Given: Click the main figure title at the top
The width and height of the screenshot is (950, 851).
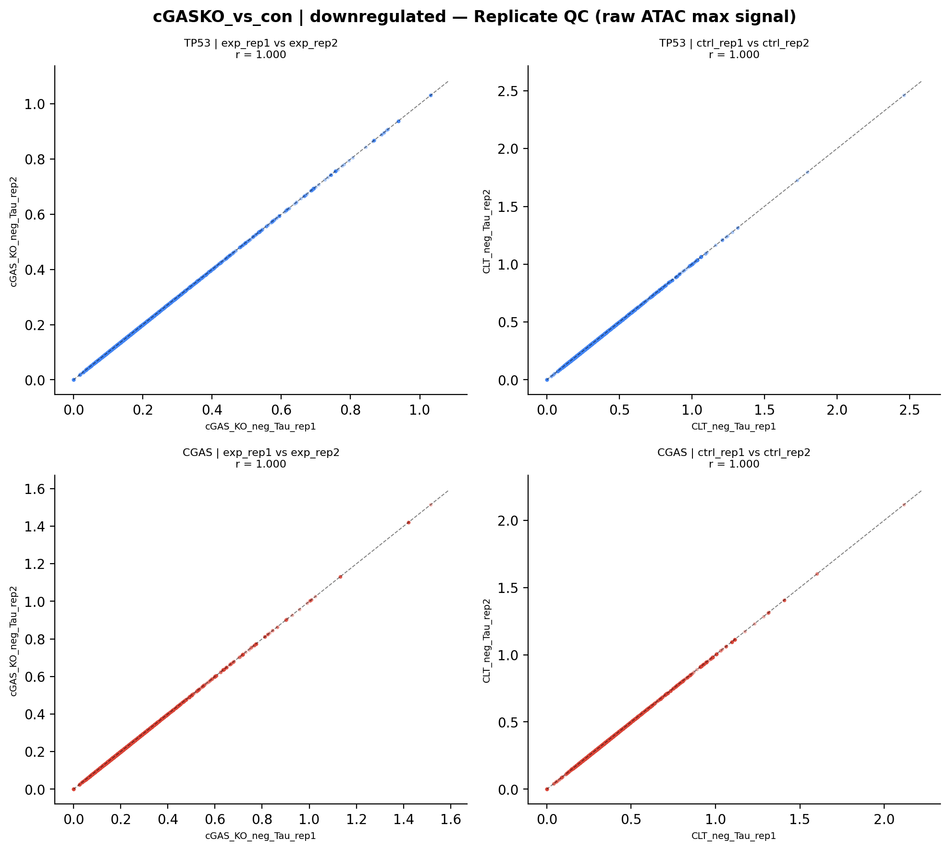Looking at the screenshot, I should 474,17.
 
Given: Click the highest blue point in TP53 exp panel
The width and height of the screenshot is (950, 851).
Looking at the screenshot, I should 431,95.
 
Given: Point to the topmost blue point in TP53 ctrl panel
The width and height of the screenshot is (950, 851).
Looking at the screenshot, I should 904,95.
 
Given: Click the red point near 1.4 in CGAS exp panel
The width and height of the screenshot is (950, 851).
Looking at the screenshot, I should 408,522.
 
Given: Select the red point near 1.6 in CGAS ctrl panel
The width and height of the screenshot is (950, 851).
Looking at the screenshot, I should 817,574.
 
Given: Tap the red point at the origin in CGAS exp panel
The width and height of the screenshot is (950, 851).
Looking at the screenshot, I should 74,789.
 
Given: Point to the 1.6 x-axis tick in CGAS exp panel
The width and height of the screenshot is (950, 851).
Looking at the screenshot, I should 450,819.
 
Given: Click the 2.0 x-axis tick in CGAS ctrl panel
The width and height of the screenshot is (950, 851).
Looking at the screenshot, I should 884,819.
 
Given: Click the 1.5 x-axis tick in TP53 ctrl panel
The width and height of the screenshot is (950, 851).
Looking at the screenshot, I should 764,410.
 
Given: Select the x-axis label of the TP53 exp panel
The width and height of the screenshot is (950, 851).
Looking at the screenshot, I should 260,427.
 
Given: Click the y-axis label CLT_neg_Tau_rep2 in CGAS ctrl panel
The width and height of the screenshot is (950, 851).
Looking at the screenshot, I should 487,640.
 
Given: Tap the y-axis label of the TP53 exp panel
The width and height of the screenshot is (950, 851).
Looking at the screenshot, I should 13,232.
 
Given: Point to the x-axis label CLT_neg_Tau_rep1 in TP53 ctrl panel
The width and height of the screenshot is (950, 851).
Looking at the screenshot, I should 734,427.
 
